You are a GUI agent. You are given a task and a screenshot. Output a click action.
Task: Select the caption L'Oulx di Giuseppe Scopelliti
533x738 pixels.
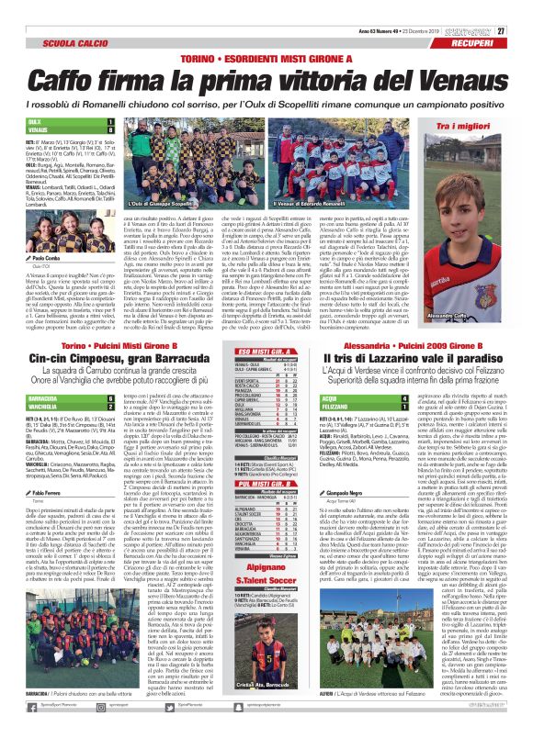tap(161, 229)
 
